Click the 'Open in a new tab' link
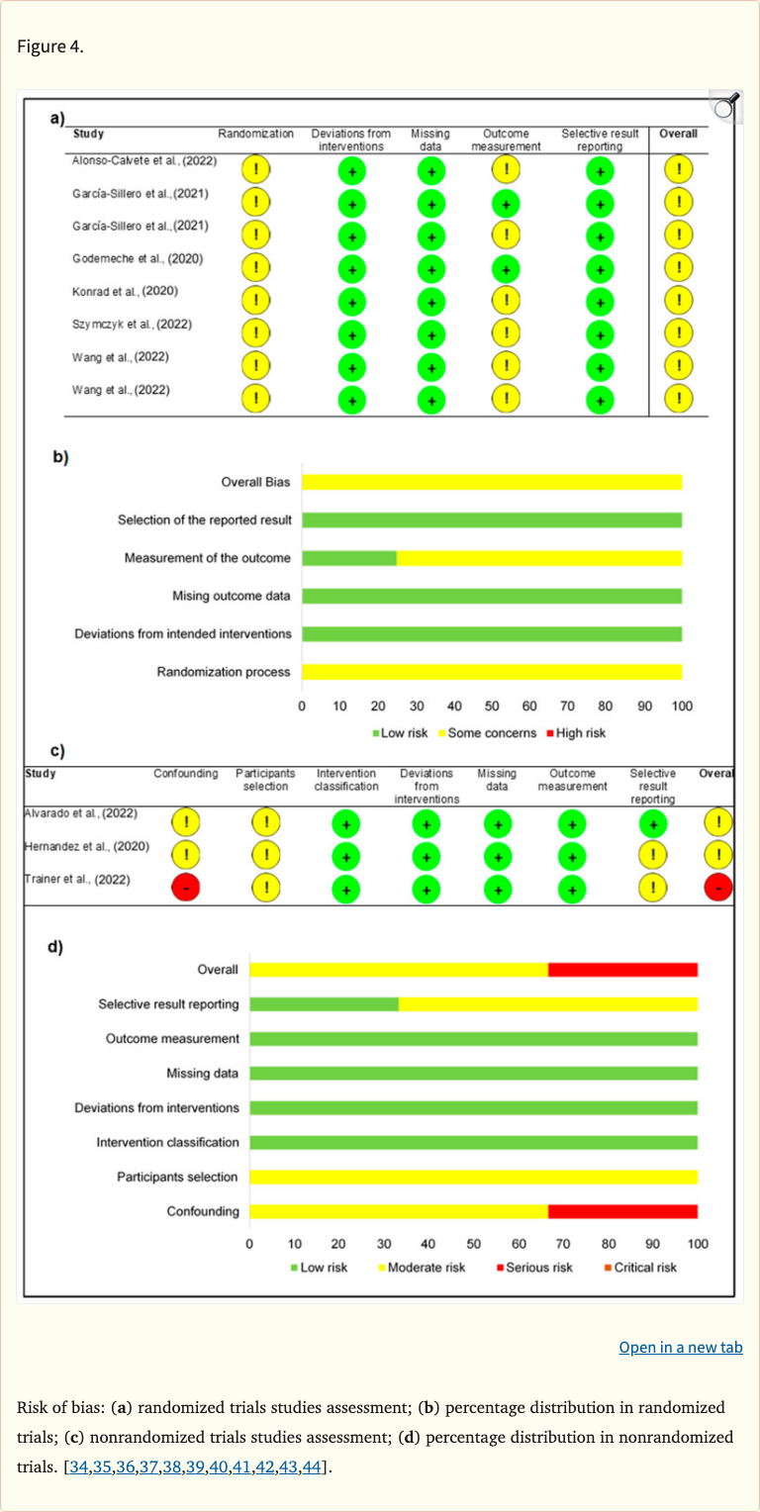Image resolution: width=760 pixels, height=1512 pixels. pos(680,1347)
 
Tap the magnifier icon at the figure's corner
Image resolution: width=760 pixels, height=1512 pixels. pos(725,106)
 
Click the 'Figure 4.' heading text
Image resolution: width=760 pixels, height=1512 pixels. pos(50,47)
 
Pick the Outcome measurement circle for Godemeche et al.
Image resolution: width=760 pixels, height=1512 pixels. pos(506,267)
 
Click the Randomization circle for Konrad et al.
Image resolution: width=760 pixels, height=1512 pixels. pos(256,300)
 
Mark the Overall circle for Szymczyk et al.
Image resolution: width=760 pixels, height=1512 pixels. pos(678,332)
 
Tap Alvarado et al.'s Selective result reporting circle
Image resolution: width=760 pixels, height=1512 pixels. pos(652,823)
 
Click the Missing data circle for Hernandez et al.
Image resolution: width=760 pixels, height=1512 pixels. pos(498,856)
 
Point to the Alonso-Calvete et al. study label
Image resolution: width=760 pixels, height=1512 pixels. pos(144,160)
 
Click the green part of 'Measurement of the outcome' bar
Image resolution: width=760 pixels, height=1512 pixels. pos(348,558)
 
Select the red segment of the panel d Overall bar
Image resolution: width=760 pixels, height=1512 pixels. pos(622,970)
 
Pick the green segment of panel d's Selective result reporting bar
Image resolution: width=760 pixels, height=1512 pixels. pos(324,1004)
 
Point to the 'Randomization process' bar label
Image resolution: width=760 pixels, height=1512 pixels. pos(224,672)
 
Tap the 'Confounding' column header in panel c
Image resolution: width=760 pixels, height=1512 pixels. pos(186,774)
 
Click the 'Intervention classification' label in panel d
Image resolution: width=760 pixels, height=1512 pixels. pos(167,1142)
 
